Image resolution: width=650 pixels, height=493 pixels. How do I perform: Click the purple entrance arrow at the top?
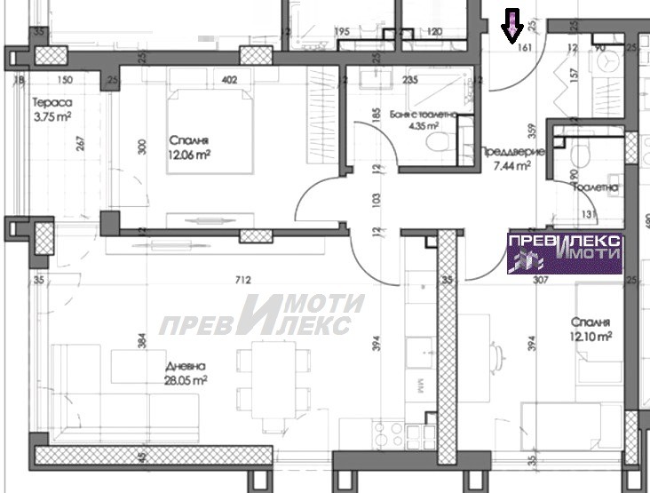(512, 27)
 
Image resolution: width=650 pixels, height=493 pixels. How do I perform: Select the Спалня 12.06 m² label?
(191, 146)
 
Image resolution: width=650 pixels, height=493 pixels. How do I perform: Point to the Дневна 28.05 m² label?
(186, 372)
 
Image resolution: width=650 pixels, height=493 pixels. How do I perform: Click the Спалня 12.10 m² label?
(592, 330)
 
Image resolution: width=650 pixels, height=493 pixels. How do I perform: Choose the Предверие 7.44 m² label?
(507, 158)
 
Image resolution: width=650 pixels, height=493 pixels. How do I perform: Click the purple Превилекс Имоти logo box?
(565, 252)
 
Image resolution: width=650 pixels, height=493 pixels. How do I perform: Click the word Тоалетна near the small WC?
(592, 188)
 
